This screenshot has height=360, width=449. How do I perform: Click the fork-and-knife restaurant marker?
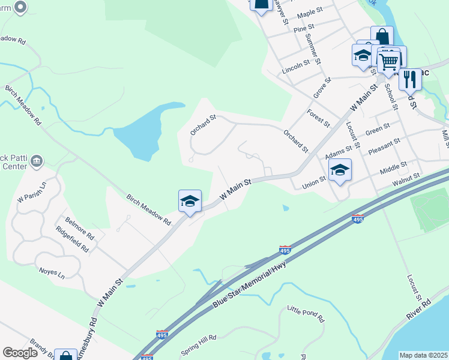(x=410, y=79)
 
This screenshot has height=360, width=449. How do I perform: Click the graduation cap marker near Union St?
(x=340, y=170)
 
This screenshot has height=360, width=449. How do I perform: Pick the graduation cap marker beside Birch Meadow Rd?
(x=190, y=201)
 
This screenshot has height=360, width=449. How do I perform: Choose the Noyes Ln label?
(x=52, y=274)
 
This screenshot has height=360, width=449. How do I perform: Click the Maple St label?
(x=310, y=13)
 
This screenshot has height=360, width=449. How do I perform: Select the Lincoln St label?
(x=296, y=66)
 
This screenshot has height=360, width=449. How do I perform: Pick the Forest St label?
(x=318, y=117)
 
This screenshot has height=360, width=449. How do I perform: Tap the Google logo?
(x=20, y=353)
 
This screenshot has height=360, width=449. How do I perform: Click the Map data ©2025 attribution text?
(x=423, y=355)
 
